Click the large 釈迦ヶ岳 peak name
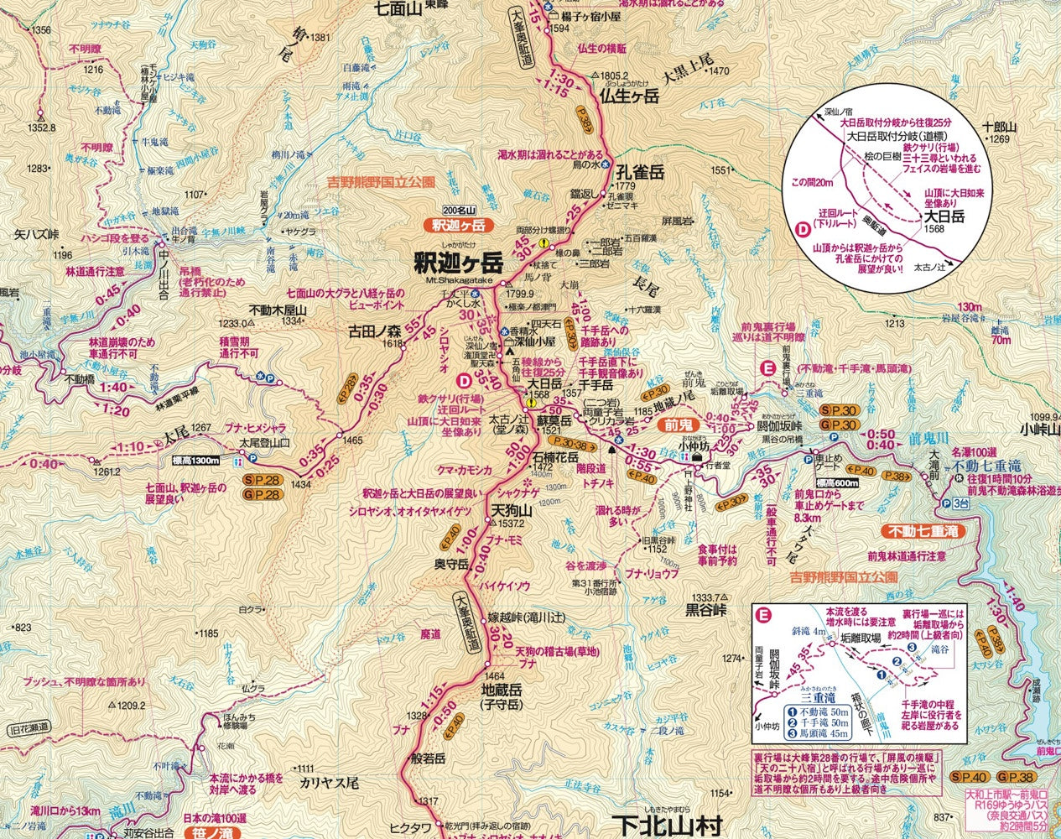pyautogui.click(x=458, y=263)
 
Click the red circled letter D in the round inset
pyautogui.click(x=802, y=227)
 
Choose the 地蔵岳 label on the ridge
pyautogui.click(x=502, y=690)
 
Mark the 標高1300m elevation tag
pyautogui.click(x=195, y=460)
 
